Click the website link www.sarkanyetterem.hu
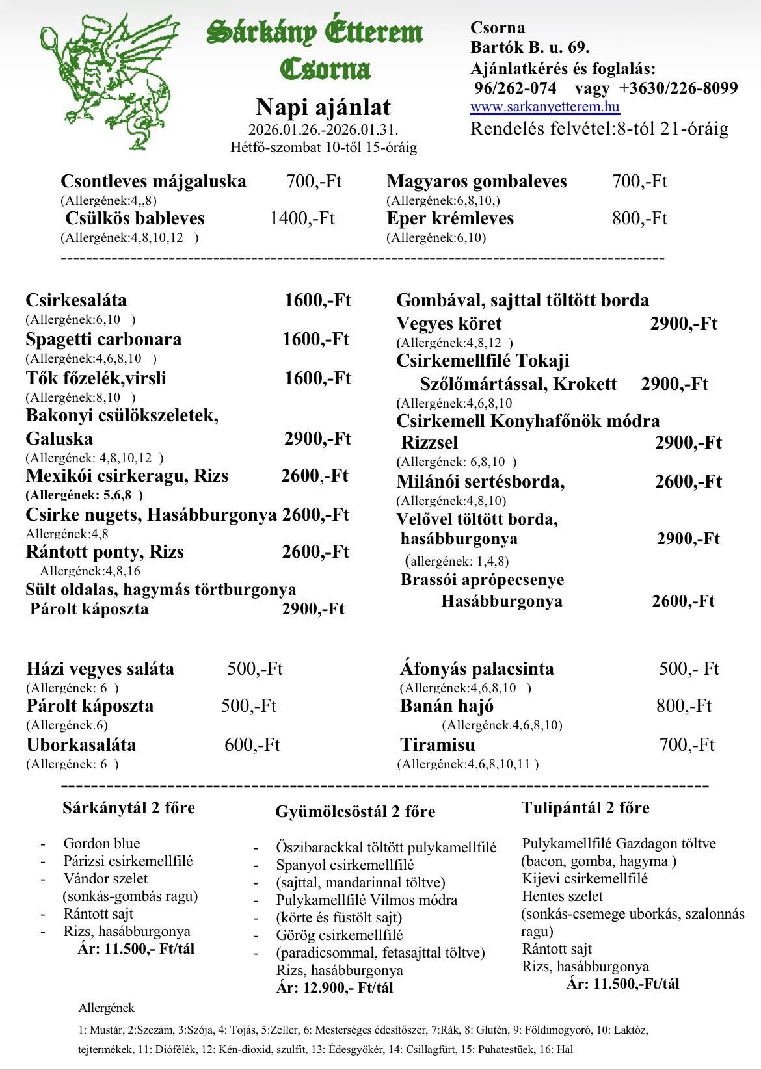pos(545,107)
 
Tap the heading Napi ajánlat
pos(323,106)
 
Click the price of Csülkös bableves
pos(302,218)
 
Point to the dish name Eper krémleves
pos(450,218)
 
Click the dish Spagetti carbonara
pos(103,339)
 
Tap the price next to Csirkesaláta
pos(317,300)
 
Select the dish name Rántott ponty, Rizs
pos(105,552)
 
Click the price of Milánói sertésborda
pos(688,482)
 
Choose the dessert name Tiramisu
pos(437,744)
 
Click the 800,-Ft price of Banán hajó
pos(684,706)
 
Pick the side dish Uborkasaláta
pos(81,744)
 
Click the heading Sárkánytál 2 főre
pos(128,808)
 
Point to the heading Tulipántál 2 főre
pos(585,808)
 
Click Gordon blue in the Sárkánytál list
pos(101,844)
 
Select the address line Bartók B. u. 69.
pos(530,47)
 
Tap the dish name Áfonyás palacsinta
pos(477,669)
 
